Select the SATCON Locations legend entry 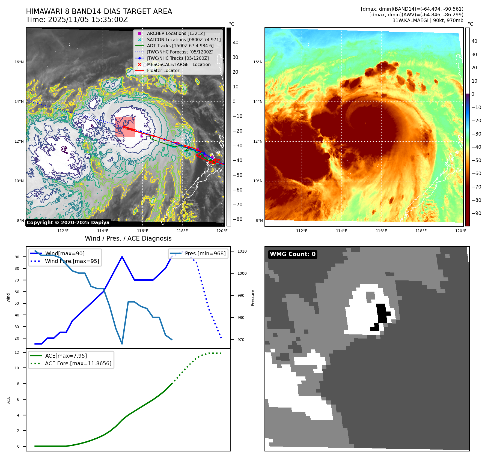(x=183, y=40)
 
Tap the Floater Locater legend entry (x=163, y=70)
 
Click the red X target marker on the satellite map (x=124, y=127)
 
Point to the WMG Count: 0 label (x=293, y=254)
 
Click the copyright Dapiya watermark (x=68, y=223)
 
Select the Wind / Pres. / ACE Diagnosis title (x=128, y=238)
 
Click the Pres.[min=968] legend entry (x=205, y=253)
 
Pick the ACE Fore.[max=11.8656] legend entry (x=78, y=363)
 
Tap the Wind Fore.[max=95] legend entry (x=72, y=261)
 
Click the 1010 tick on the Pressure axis (x=242, y=251)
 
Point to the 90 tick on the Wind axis (x=17, y=257)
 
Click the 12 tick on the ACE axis (x=17, y=352)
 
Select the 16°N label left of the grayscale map (x=19, y=62)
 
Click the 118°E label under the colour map (x=421, y=231)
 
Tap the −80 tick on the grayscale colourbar (x=237, y=219)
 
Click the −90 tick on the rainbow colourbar (x=476, y=213)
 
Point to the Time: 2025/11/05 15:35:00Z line (x=77, y=20)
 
